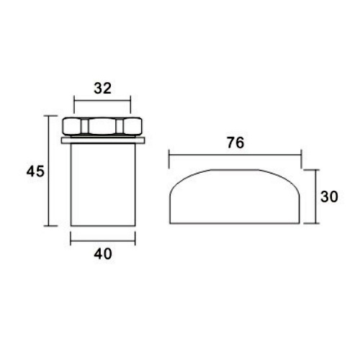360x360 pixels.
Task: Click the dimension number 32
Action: [102, 88]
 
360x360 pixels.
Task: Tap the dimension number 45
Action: [35, 171]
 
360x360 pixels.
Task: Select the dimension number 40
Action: [103, 253]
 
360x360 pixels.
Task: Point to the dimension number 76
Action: [235, 143]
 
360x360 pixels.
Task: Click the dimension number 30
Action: [329, 197]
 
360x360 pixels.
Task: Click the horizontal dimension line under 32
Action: [102, 101]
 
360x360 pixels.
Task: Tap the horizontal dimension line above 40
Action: [103, 240]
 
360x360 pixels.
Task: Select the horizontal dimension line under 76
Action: [235, 155]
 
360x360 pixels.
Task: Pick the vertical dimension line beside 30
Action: [315, 197]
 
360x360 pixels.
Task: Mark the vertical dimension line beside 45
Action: [49, 171]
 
